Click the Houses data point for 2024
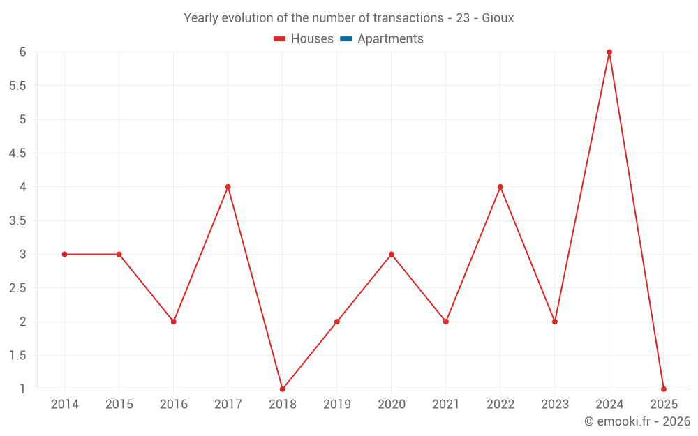coord(609,52)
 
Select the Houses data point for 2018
coord(283,389)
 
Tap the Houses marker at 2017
coord(228,187)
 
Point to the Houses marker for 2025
coord(664,389)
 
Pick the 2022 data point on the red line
coord(500,187)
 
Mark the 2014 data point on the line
coord(65,254)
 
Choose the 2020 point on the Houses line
coord(392,254)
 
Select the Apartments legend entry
coord(390,39)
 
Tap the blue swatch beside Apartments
coord(346,39)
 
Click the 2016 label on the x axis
coord(174,405)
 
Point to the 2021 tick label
coord(446,405)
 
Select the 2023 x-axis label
coord(555,405)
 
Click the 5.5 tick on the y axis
coord(17,86)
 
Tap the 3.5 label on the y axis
coord(17,220)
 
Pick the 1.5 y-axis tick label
coord(17,355)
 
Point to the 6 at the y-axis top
coord(22,52)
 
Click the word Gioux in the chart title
coord(498,18)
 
